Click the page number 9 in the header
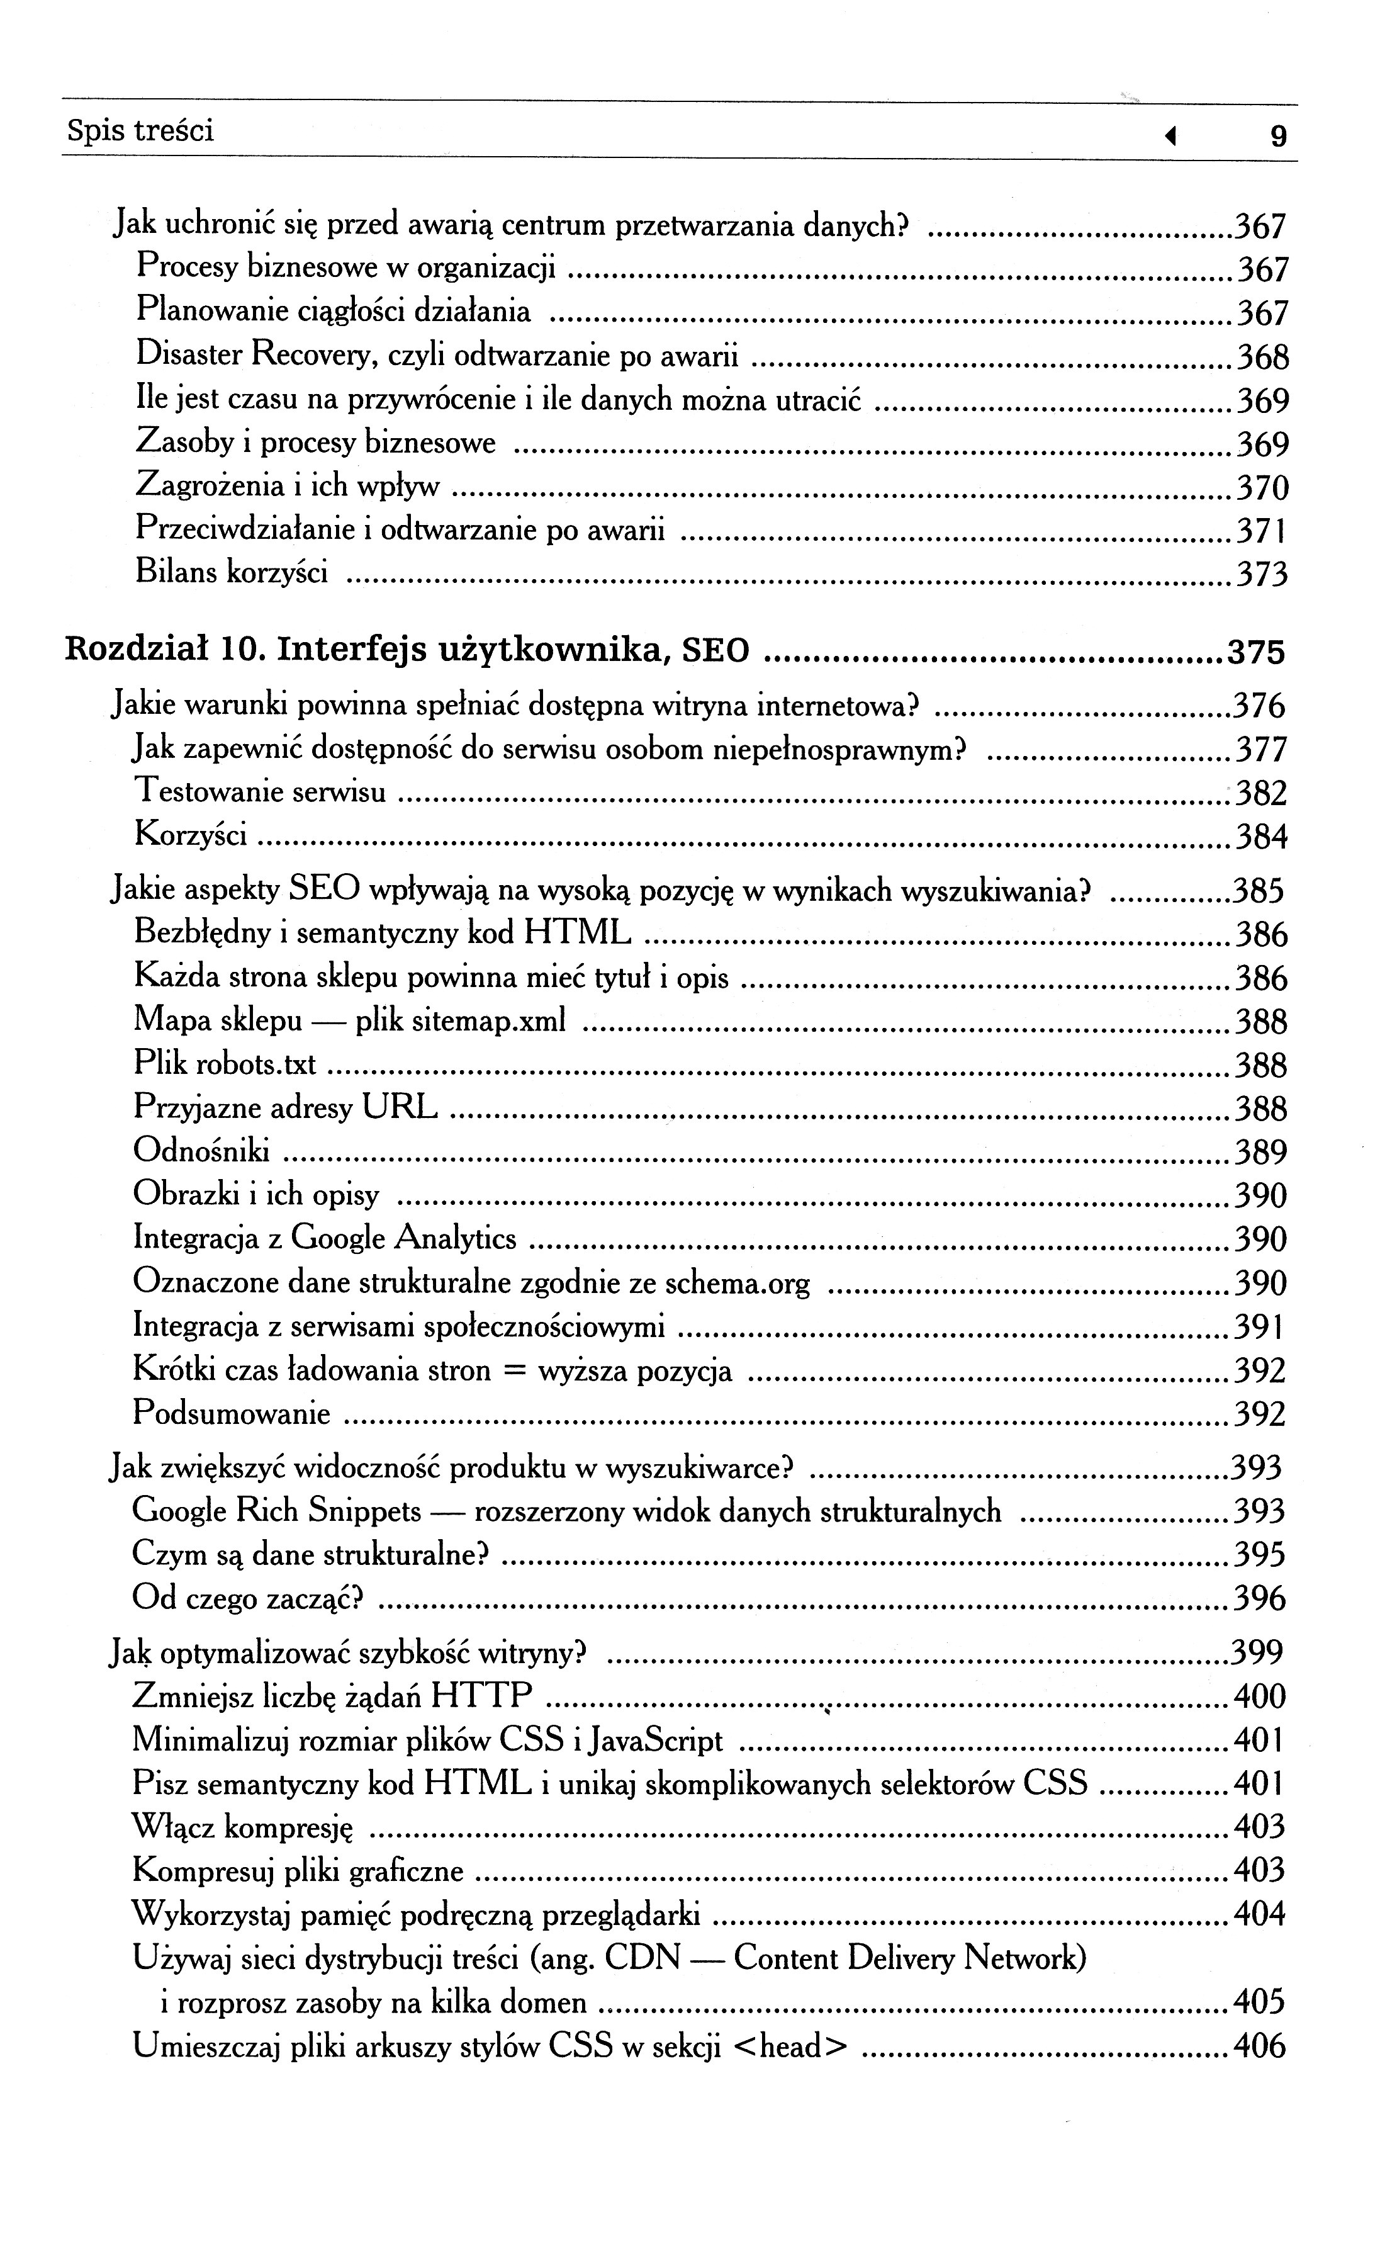coord(1278,137)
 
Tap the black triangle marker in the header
coord(1170,137)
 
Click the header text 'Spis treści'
coord(140,130)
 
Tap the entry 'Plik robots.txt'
coord(225,1064)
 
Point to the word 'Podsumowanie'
coord(232,1413)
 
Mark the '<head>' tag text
coord(790,2046)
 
